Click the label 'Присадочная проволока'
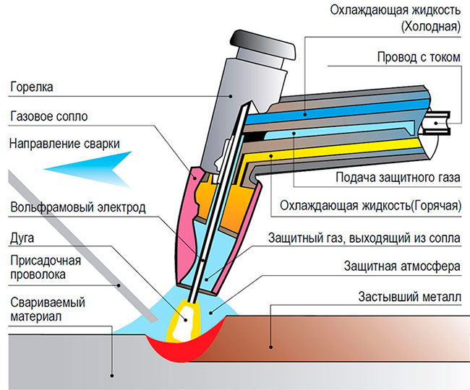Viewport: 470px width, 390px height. (43, 266)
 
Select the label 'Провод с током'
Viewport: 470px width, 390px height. (418, 57)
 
